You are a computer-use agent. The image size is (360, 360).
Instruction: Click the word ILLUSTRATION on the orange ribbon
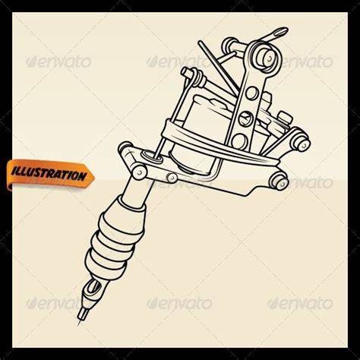point(49,174)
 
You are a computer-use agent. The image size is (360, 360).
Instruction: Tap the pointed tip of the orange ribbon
point(95,176)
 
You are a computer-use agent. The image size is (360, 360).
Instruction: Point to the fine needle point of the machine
point(78,324)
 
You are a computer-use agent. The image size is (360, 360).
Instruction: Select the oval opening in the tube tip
point(93,288)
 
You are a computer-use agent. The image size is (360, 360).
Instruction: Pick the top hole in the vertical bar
point(251,93)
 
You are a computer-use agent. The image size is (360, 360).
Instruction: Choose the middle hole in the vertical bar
point(245,117)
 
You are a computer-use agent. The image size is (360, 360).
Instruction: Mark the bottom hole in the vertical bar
point(238,141)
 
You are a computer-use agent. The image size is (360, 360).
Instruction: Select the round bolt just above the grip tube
point(139,172)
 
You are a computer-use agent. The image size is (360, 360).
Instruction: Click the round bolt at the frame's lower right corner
point(279,181)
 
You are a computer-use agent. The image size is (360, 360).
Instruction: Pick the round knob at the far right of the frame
point(302,144)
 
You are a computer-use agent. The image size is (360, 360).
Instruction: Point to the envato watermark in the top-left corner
point(58,62)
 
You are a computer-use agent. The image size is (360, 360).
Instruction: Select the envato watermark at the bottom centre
point(179,303)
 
